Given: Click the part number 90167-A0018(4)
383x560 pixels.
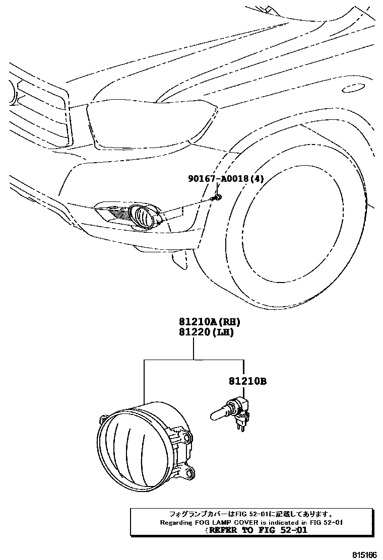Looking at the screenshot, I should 226,179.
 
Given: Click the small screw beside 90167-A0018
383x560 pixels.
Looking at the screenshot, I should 217,197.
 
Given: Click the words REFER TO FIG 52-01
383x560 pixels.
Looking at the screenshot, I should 257,531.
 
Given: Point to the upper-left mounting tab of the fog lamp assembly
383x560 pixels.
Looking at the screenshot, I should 104,419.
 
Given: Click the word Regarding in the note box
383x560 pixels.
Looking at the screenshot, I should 177,523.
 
